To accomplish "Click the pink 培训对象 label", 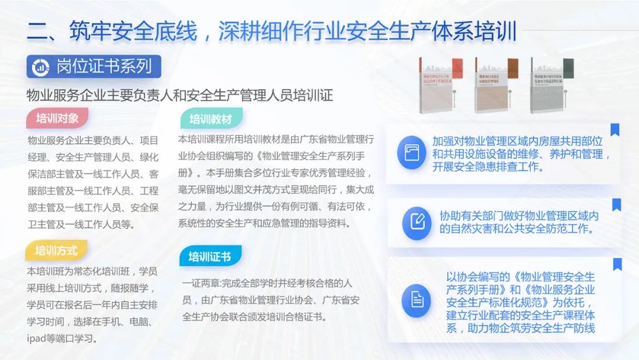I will pyautogui.click(x=57, y=118).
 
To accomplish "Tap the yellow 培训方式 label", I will pyautogui.click(x=56, y=250).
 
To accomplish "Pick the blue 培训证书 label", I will pyautogui.click(x=210, y=256).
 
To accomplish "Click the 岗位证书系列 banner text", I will pyautogui.click(x=104, y=66).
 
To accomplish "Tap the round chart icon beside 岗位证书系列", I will pyautogui.click(x=41, y=67).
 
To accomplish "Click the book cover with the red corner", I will pyautogui.click(x=441, y=86).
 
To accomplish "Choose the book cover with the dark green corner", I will pyautogui.click(x=551, y=86).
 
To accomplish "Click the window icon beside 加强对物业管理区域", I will pyautogui.click(x=412, y=153).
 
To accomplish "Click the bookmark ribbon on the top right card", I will pyautogui.click(x=615, y=129).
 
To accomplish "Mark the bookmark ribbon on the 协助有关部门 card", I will pyautogui.click(x=616, y=204).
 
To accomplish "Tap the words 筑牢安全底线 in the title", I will pyautogui.click(x=133, y=31).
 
